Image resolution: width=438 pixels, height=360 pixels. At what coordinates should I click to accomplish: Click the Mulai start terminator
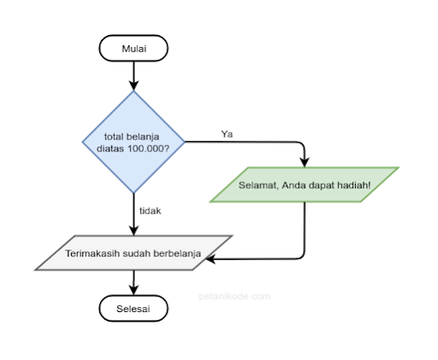pyautogui.click(x=133, y=48)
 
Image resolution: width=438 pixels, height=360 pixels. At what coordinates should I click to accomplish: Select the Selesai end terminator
pyautogui.click(x=133, y=309)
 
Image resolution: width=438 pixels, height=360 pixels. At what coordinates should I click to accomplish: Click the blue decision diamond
pyautogui.click(x=133, y=142)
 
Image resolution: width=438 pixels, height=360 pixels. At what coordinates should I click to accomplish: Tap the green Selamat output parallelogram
pyautogui.click(x=305, y=185)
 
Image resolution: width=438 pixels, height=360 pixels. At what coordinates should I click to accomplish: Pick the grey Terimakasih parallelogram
pyautogui.click(x=133, y=253)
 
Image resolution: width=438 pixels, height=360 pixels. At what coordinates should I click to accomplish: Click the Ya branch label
pyautogui.click(x=227, y=134)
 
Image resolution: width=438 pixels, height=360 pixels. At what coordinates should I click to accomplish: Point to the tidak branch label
pyautogui.click(x=150, y=211)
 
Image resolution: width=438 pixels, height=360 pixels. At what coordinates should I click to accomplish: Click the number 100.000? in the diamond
pyautogui.click(x=148, y=149)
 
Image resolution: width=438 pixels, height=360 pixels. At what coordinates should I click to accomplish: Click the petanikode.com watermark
pyautogui.click(x=234, y=296)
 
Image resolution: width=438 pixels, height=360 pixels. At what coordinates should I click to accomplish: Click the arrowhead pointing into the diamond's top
pyautogui.click(x=133, y=86)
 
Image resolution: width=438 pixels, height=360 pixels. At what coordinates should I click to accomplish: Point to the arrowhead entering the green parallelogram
pyautogui.click(x=305, y=162)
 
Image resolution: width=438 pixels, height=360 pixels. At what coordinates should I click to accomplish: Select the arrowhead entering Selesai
pyautogui.click(x=133, y=290)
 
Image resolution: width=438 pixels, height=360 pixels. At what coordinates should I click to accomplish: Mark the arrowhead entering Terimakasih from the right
pyautogui.click(x=210, y=259)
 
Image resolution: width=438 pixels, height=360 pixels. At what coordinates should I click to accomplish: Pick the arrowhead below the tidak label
pyautogui.click(x=133, y=231)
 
